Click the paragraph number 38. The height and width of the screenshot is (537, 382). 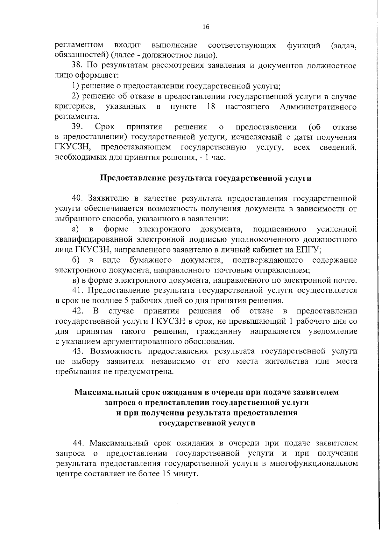point(77,66)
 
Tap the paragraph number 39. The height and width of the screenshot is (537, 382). point(77,127)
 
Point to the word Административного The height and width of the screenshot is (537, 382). point(318,107)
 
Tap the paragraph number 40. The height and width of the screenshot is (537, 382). point(78,198)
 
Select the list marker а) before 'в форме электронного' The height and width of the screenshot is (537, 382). point(75,229)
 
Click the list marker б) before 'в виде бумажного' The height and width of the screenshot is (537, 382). point(75,260)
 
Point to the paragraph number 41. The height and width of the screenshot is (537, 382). point(77,290)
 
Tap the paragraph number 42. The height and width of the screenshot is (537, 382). point(78,311)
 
